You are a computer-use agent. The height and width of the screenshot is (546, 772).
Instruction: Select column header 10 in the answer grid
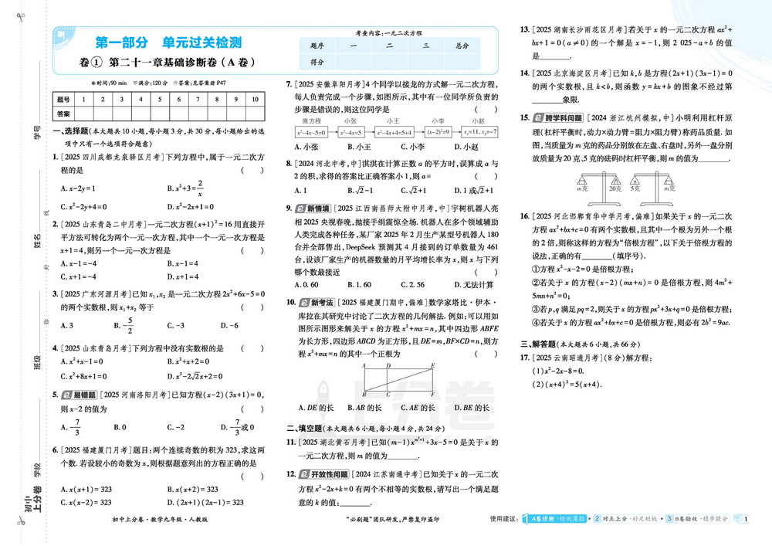click(x=255, y=100)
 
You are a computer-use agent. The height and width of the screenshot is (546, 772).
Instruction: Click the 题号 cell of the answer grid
click(x=64, y=100)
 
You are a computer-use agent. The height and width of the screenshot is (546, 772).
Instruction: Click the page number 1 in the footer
click(x=747, y=519)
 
